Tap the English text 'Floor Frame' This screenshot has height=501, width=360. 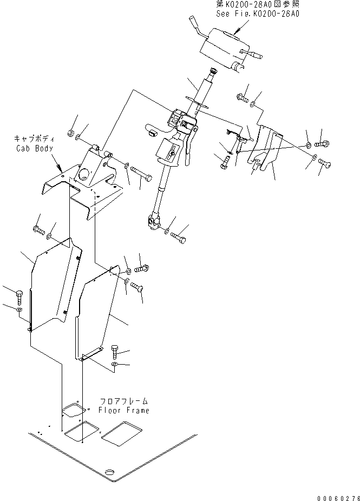pyautogui.click(x=123, y=410)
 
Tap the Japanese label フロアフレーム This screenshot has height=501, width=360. pyautogui.click(x=124, y=401)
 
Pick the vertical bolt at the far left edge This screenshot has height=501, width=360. pyautogui.click(x=19, y=296)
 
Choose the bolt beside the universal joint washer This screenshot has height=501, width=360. pyautogui.click(x=179, y=236)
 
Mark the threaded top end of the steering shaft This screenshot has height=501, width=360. pyautogui.click(x=212, y=71)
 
